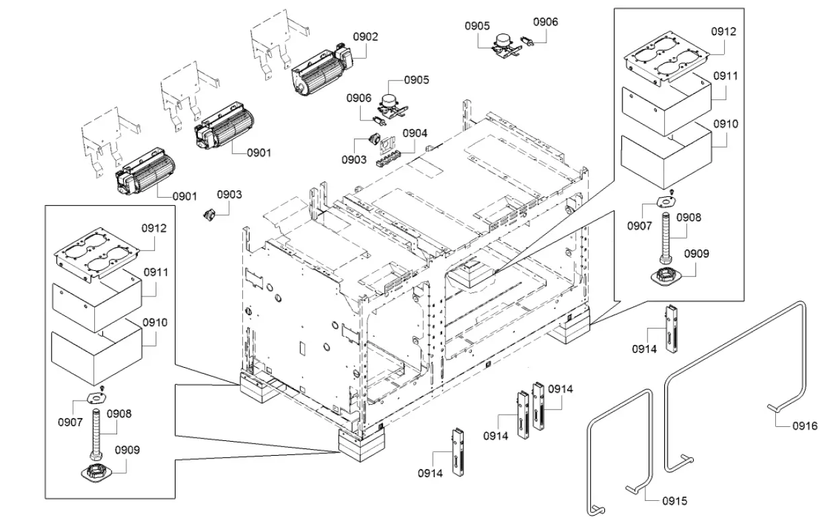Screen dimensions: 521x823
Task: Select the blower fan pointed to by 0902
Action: click(320, 73)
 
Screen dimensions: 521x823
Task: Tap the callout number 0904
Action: click(415, 133)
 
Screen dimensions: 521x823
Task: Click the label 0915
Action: click(674, 501)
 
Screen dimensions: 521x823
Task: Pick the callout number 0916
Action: click(804, 426)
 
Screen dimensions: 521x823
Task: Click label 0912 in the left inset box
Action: click(153, 229)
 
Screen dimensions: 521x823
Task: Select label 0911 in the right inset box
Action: click(725, 76)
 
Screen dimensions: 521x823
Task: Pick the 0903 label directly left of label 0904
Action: click(354, 159)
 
